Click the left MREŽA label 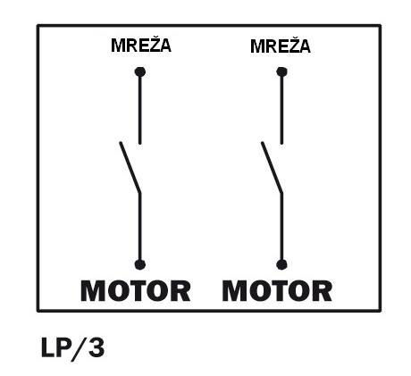pos(141,46)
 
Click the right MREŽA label pos(281,46)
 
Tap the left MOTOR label pos(136,291)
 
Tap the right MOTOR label pos(277,291)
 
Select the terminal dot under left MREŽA pos(140,71)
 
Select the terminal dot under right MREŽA pos(281,71)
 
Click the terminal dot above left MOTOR pos(140,264)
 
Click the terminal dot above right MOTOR pos(281,264)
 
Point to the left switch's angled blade pos(130,167)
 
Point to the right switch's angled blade pos(272,167)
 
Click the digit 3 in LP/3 pos(96,347)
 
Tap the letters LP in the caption pos(56,347)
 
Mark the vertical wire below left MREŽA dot pos(140,109)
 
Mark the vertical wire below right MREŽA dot pos(281,109)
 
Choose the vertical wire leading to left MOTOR pos(140,228)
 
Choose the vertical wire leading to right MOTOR pos(281,228)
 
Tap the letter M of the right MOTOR pos(235,291)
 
